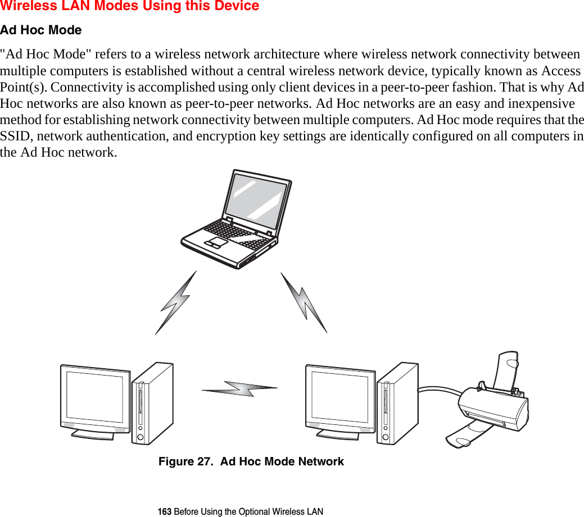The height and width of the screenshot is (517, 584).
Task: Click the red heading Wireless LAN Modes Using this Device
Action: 130,7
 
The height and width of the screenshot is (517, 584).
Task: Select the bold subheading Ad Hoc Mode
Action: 41,30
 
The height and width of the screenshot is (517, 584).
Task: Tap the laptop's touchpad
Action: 216,243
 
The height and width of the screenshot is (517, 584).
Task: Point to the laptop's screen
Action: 257,196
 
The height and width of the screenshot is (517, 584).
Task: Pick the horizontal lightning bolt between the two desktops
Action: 240,388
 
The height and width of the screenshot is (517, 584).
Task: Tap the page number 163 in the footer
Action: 165,511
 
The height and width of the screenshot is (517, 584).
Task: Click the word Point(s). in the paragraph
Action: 23,88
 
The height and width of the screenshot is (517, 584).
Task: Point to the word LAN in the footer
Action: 315,511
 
